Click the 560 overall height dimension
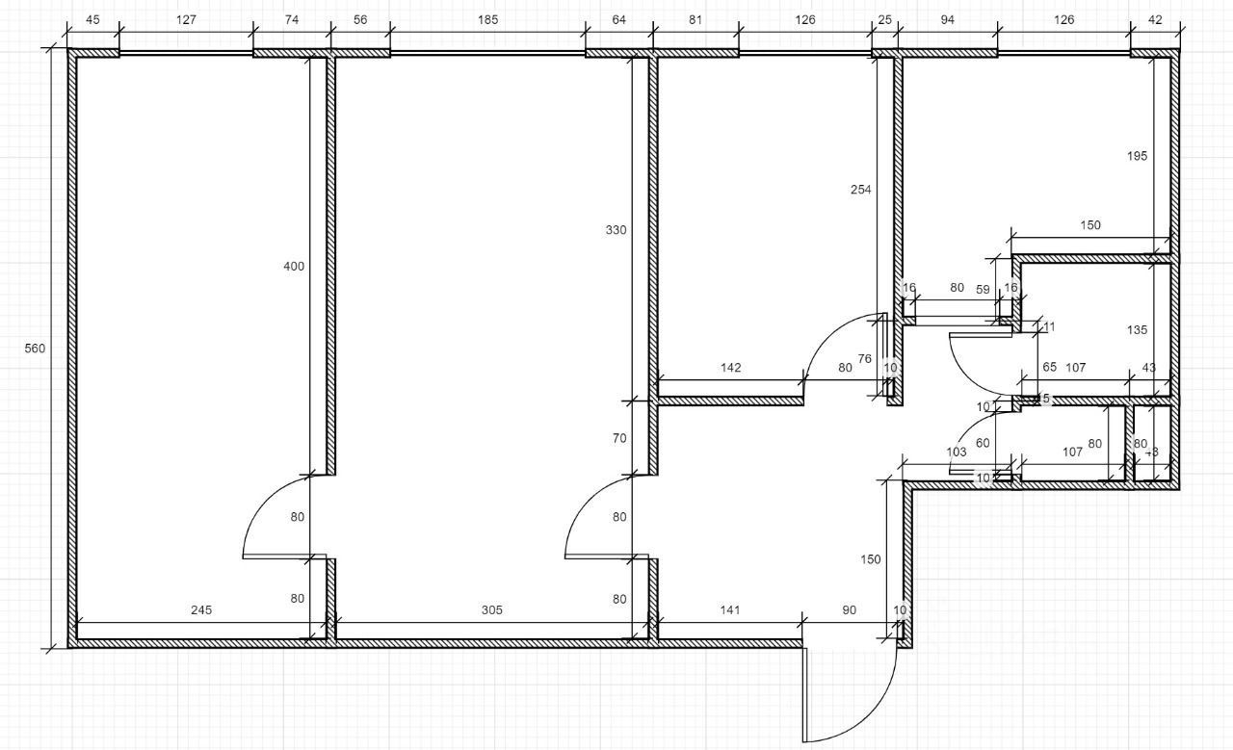tap(35, 349)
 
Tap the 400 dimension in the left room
tap(294, 267)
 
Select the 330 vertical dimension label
tap(616, 230)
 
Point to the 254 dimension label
tap(860, 190)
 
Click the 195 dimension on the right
tap(1137, 156)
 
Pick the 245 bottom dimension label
tap(201, 609)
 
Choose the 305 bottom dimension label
tap(492, 609)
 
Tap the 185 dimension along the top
tap(487, 19)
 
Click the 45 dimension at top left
tap(92, 19)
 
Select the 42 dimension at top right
tap(1155, 19)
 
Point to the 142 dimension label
tap(731, 367)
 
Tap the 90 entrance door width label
tap(850, 609)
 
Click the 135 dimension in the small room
tap(1137, 330)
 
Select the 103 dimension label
tap(956, 452)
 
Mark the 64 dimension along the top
tap(618, 19)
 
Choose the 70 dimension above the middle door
tap(618, 438)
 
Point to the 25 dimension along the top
tap(884, 19)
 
